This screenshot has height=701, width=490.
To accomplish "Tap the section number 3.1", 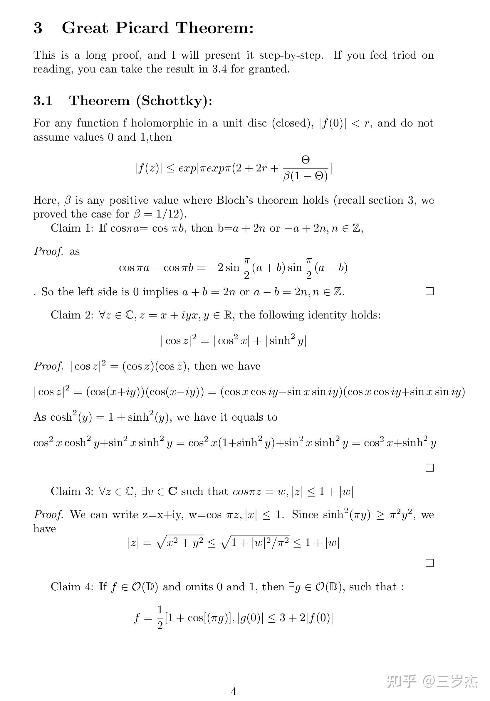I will click(x=43, y=101).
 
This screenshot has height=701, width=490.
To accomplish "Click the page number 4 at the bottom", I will click(x=233, y=691).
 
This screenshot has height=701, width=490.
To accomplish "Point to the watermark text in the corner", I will click(x=432, y=681).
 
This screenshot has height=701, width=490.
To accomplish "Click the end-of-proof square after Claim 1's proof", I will click(x=429, y=291).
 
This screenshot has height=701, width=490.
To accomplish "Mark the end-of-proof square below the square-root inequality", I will click(x=429, y=563).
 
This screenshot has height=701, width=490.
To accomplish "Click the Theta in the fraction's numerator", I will click(x=305, y=159).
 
